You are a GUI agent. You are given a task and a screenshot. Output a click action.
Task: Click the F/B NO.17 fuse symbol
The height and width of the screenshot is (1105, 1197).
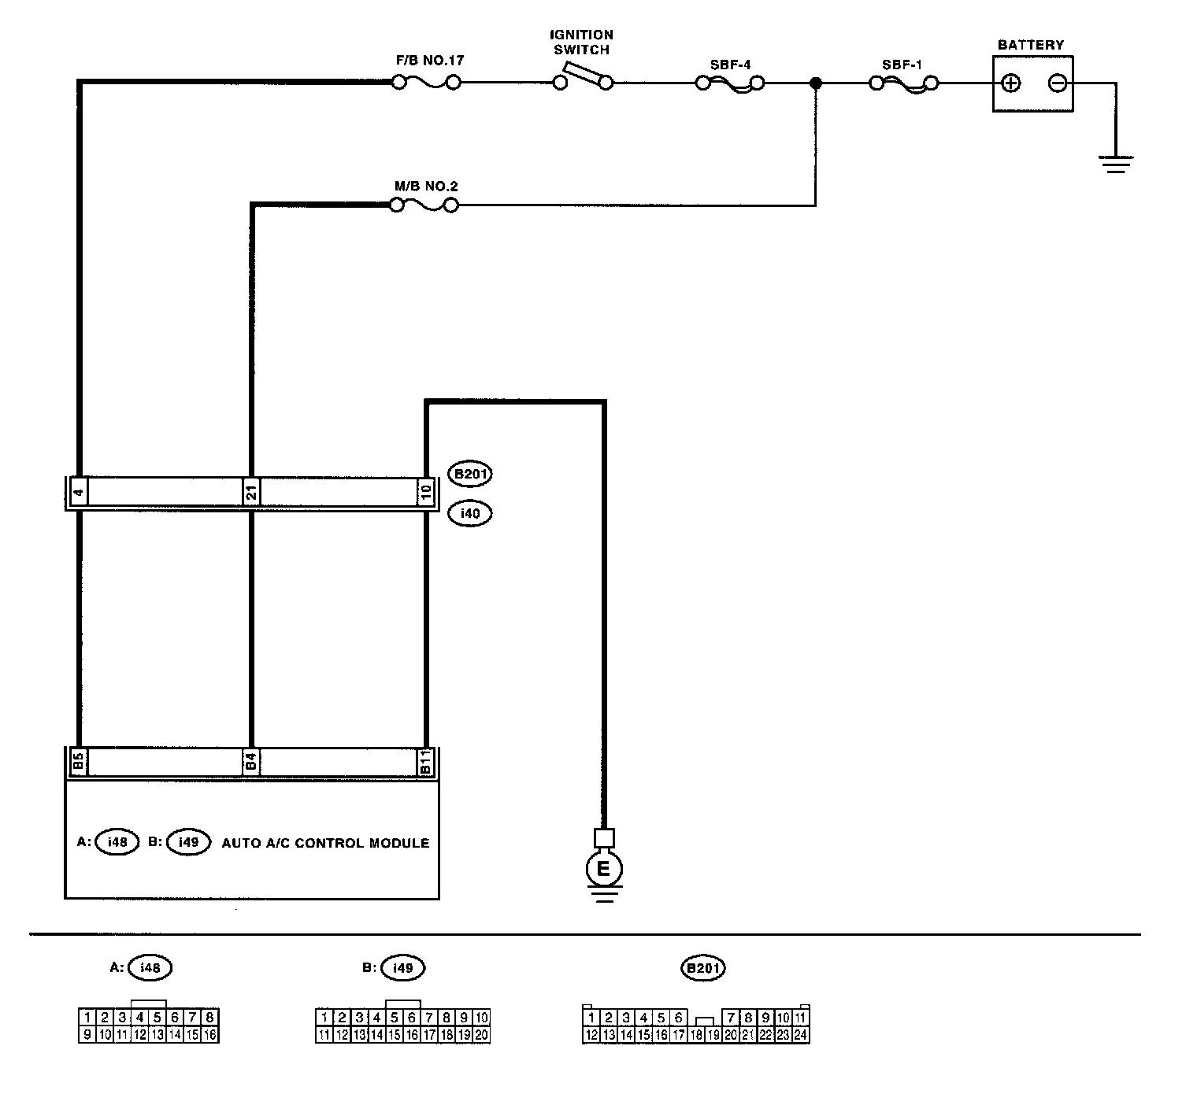tap(426, 82)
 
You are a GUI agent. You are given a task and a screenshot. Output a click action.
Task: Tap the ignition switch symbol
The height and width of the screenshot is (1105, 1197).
tap(583, 81)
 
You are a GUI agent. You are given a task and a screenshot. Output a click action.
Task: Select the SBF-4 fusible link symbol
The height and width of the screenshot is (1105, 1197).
tap(730, 83)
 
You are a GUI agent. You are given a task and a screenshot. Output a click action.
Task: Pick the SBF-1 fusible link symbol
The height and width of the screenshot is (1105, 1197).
tap(903, 83)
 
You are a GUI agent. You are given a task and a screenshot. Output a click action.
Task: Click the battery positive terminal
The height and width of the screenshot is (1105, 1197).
tap(1010, 83)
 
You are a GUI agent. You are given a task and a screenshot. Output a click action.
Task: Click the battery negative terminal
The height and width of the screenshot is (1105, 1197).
tap(1058, 83)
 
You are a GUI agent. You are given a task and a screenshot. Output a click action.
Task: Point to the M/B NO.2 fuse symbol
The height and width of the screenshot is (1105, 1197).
tap(424, 205)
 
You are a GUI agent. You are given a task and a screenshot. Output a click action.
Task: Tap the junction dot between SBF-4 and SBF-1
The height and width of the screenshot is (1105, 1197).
tap(816, 83)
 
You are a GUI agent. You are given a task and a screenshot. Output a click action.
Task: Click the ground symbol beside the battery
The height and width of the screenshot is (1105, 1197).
tap(1115, 164)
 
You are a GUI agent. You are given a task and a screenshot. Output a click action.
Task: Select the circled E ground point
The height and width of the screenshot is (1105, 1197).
tap(604, 869)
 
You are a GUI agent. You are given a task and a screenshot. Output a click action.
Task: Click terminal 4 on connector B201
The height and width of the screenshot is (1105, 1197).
tap(78, 493)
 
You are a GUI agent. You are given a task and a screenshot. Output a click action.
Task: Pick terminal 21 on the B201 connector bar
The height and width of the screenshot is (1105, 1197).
tap(251, 493)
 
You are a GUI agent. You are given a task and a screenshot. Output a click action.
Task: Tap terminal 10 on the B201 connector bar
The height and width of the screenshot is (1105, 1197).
tap(425, 493)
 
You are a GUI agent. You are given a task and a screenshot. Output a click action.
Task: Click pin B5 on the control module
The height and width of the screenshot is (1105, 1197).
tap(78, 762)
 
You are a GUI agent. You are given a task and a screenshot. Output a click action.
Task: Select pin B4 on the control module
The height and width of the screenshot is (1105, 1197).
tap(251, 762)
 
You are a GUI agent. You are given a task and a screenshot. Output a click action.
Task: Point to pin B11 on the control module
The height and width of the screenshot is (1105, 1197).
tap(425, 762)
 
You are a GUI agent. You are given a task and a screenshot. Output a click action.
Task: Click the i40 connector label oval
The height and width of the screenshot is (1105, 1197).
tap(469, 514)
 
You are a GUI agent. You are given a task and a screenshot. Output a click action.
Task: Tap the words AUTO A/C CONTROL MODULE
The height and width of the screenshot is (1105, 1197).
tap(325, 843)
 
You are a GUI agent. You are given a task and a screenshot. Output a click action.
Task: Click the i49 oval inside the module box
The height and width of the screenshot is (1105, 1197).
tap(189, 842)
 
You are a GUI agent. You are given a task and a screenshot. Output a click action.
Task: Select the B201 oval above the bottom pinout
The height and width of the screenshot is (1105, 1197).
tap(702, 969)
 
